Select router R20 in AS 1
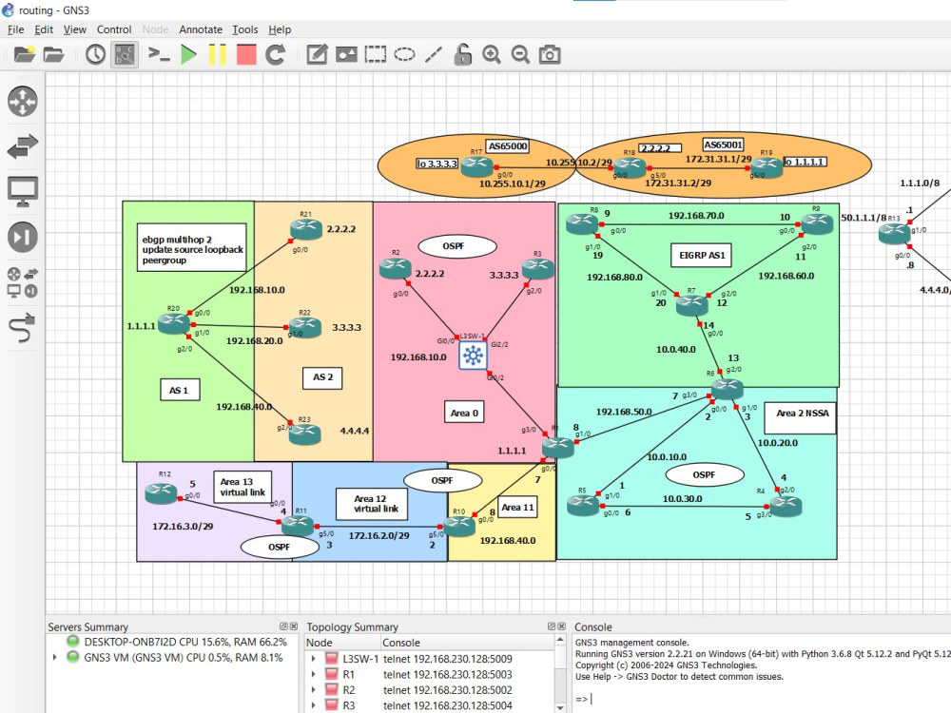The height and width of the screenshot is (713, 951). pyautogui.click(x=174, y=323)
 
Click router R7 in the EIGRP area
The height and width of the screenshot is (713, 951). pyautogui.click(x=692, y=305)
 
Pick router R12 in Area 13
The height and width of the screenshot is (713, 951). pyautogui.click(x=161, y=492)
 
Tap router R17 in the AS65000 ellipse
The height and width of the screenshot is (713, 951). pyautogui.click(x=477, y=165)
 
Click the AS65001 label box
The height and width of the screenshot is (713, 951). pyautogui.click(x=725, y=145)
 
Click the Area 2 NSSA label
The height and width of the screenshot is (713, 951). pyautogui.click(x=800, y=414)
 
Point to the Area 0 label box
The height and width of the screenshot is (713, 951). pyautogui.click(x=463, y=412)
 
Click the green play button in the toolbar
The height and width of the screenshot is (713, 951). pyautogui.click(x=188, y=54)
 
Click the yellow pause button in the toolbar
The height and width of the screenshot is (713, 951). pyautogui.click(x=218, y=54)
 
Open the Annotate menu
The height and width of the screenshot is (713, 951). pyautogui.click(x=201, y=29)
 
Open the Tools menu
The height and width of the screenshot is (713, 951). pyautogui.click(x=244, y=29)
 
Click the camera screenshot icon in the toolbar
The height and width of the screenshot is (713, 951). pyautogui.click(x=550, y=54)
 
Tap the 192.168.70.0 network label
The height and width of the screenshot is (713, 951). pyautogui.click(x=695, y=216)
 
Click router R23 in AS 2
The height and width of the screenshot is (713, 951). pyautogui.click(x=305, y=434)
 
